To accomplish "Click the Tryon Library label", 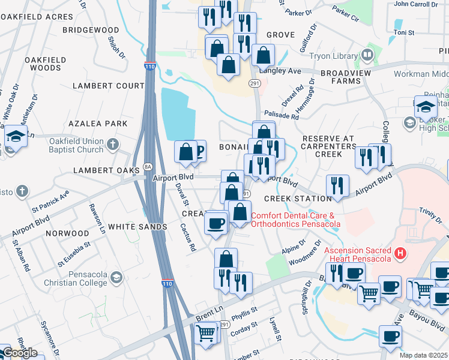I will [333, 56].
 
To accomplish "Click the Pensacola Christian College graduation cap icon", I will [116, 277].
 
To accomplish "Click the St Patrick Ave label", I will [50, 201].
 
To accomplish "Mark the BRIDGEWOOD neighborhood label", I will [91, 29].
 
